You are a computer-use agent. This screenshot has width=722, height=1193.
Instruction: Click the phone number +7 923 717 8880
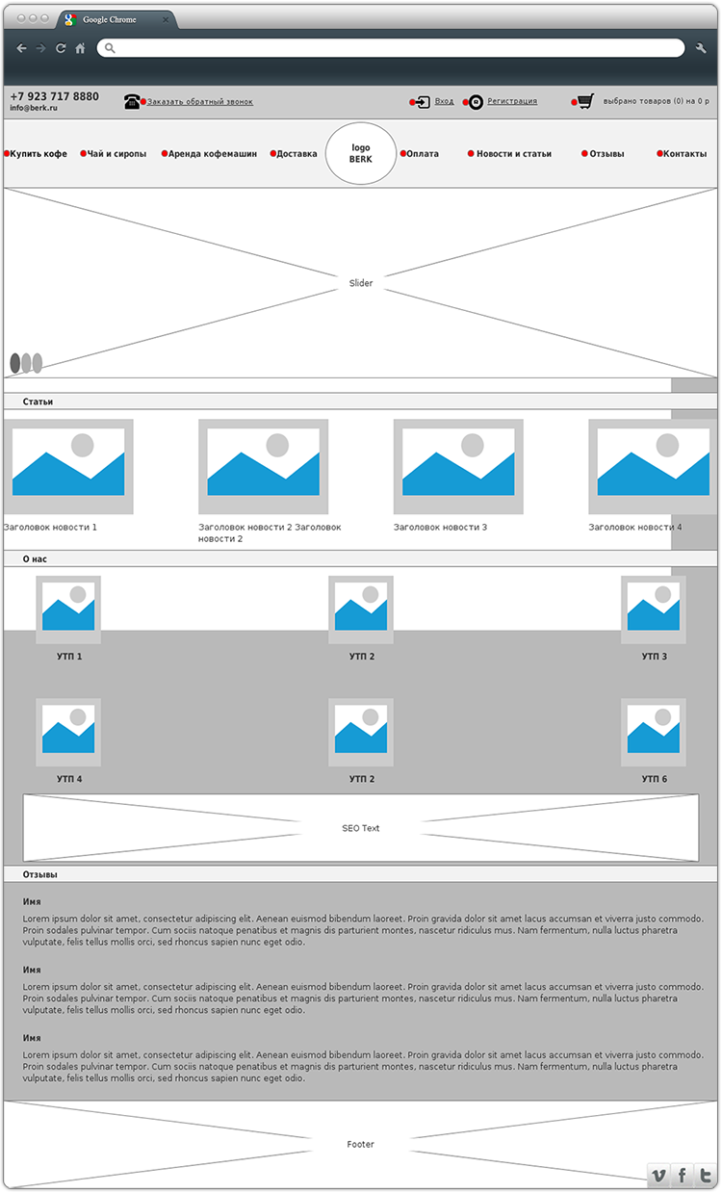(x=54, y=96)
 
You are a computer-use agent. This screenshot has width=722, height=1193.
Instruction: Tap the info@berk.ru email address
(x=34, y=108)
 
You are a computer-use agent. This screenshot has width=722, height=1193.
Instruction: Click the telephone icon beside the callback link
(x=132, y=101)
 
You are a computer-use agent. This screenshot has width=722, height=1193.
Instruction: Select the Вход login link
(x=444, y=101)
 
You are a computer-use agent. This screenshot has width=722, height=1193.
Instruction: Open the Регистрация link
(x=512, y=101)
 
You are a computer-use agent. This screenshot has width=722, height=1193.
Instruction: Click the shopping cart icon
(x=585, y=101)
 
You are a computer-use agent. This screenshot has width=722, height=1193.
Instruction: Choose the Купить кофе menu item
(x=39, y=154)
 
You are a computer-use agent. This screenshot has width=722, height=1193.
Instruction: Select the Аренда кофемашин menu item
(x=213, y=154)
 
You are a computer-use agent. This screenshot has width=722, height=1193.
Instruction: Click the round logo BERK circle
(x=361, y=153)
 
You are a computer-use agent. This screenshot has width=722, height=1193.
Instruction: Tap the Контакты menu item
(x=684, y=154)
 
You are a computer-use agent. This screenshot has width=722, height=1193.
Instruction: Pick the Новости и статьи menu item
(x=514, y=154)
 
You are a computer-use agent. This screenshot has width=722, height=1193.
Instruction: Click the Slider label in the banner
(x=361, y=283)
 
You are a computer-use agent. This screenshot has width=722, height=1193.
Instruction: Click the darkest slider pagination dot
(x=14, y=363)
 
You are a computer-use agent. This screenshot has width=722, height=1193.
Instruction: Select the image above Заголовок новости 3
(x=458, y=467)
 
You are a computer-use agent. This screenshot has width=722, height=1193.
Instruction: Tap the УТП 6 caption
(x=654, y=779)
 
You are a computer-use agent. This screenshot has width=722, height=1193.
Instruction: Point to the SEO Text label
(x=360, y=828)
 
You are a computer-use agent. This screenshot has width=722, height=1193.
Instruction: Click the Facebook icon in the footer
(x=683, y=1175)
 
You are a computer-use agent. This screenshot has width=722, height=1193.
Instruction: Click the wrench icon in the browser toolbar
(x=701, y=48)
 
